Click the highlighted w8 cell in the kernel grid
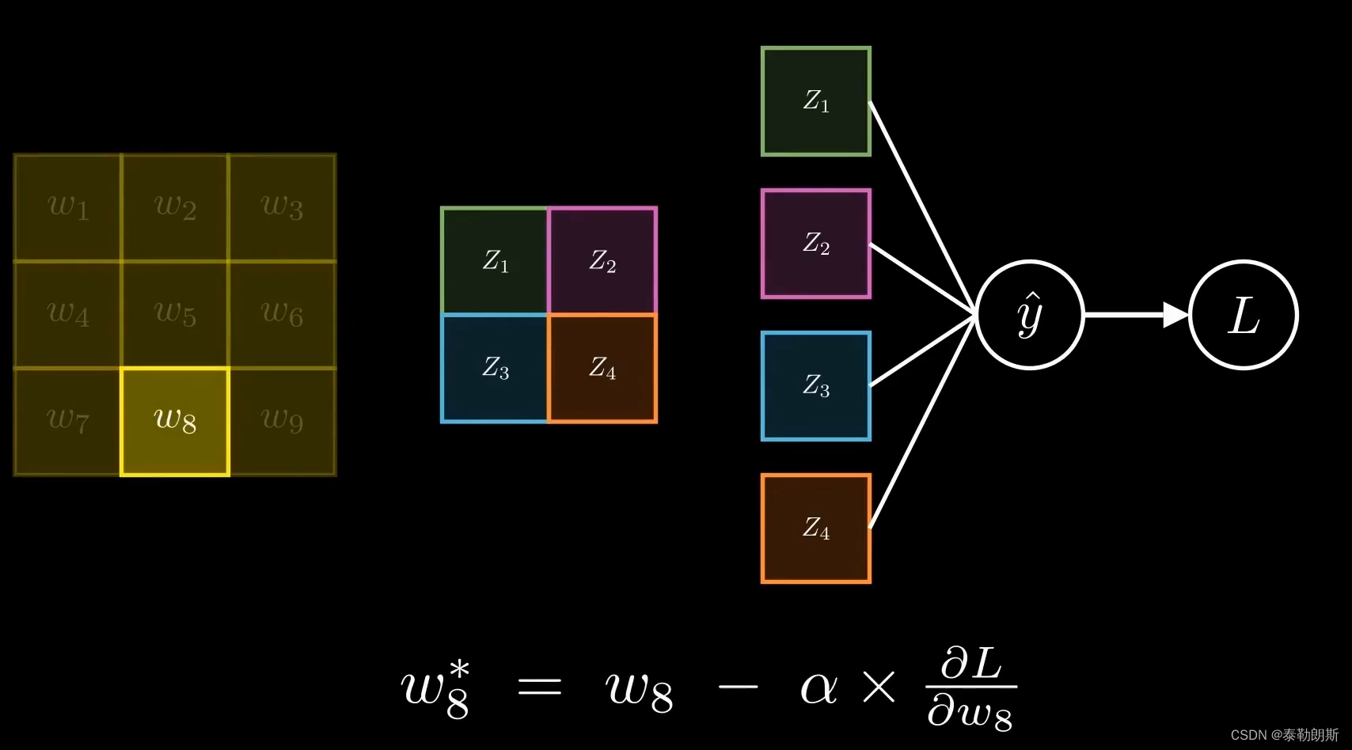[175, 421]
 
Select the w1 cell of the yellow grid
[68, 207]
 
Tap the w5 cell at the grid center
[175, 314]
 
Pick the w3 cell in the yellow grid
[282, 207]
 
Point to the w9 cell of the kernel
[282, 421]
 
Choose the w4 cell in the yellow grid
[68, 314]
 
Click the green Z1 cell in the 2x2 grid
[495, 261]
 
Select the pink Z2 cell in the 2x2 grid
[602, 261]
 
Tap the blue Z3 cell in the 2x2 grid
[495, 368]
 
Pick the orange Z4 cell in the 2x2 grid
[602, 368]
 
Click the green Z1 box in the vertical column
[816, 101]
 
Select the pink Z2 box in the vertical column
[816, 244]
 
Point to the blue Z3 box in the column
[816, 386]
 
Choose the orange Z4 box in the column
[816, 528]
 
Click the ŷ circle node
[1030, 315]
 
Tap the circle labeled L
[1244, 315]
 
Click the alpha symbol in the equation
[818, 687]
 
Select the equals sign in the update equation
[539, 687]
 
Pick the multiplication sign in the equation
[879, 687]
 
